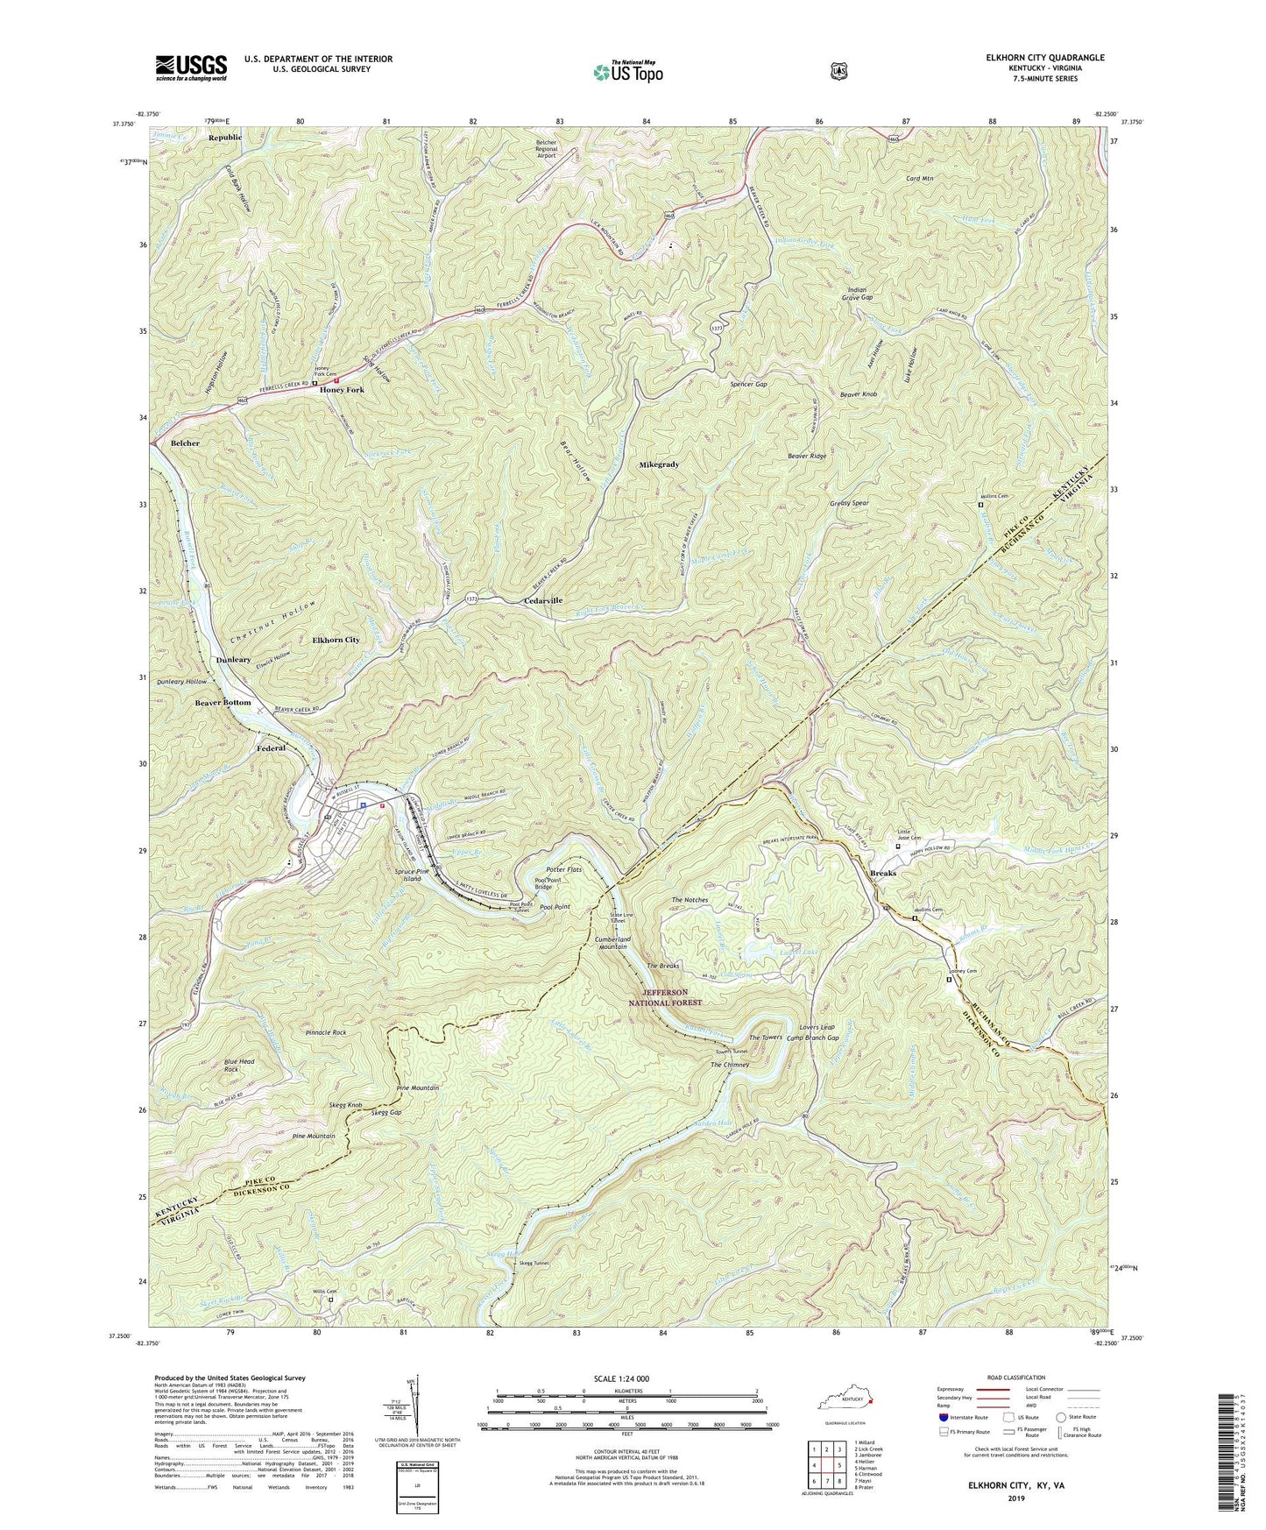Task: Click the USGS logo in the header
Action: [x=191, y=67]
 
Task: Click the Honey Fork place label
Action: [x=342, y=390]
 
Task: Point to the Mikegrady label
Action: [x=659, y=464]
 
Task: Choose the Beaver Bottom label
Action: [x=223, y=703]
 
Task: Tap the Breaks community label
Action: [x=883, y=875]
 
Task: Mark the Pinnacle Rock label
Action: [x=326, y=1033]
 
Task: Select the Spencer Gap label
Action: [x=749, y=385]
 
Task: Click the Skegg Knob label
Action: [x=347, y=1106]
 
